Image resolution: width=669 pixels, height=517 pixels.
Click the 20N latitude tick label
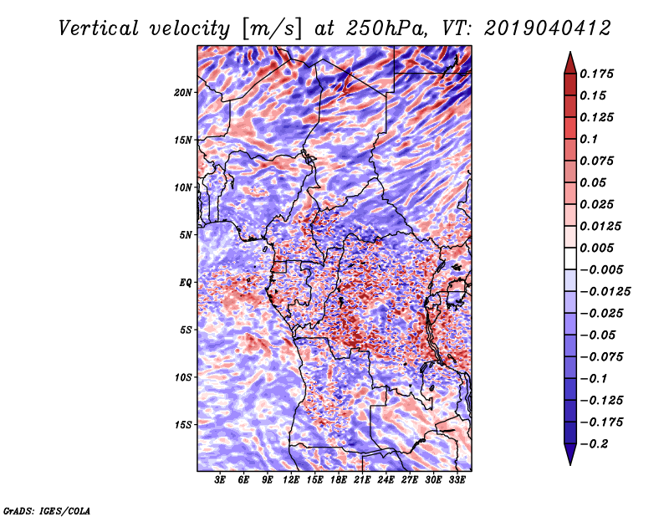click(183, 93)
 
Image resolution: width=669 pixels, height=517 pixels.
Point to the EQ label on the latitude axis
click(186, 283)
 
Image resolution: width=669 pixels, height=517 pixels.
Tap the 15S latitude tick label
click(183, 425)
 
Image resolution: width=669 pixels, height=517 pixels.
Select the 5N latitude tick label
click(186, 235)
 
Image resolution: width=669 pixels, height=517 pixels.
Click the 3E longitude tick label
click(220, 480)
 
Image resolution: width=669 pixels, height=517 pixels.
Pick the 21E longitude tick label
click(362, 480)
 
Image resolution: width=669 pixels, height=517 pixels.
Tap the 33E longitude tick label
click(457, 480)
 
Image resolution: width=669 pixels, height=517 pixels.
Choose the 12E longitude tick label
click(291, 480)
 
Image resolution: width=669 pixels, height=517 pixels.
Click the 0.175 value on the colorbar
click(596, 74)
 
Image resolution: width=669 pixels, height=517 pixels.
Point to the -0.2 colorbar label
click(594, 444)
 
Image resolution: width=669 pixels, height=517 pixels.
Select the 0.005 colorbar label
click(596, 248)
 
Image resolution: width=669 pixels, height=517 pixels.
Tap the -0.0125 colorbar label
click(605, 292)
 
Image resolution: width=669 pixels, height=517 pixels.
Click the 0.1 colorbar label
click(589, 139)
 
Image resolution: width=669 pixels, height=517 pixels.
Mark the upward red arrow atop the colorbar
click(570, 63)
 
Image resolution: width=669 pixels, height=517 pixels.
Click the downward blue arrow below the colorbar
click(570, 454)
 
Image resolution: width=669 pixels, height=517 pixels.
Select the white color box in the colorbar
click(570, 258)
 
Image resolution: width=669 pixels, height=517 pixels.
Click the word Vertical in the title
click(99, 28)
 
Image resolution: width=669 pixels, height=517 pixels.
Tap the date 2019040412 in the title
click(548, 28)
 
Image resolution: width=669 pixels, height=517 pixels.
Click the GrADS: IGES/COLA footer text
click(47, 510)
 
